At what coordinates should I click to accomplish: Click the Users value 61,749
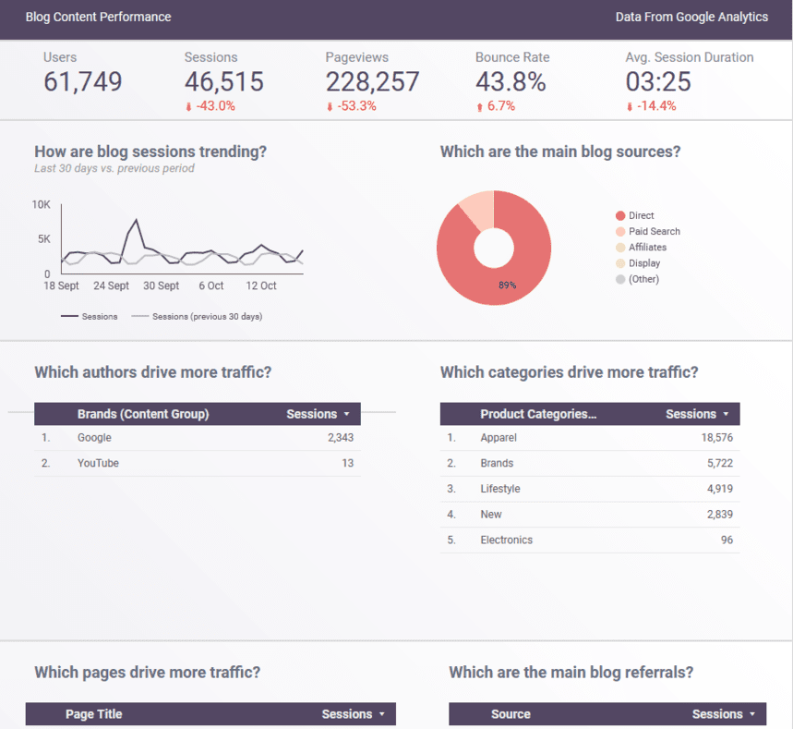[82, 82]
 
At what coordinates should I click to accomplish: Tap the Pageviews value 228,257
[372, 82]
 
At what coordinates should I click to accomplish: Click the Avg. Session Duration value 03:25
[658, 82]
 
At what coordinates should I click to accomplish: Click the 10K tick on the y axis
[41, 204]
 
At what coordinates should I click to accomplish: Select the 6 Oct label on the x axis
[211, 286]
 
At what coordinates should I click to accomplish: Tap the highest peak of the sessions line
[137, 220]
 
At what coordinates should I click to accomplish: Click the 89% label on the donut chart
[507, 286]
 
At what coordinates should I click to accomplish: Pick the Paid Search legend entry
[654, 232]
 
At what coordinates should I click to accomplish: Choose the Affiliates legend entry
[647, 248]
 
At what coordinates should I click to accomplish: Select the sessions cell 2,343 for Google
[340, 438]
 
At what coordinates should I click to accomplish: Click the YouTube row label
[98, 463]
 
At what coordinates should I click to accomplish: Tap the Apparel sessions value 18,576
[716, 438]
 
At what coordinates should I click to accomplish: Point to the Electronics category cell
[506, 540]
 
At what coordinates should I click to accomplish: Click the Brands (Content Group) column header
[143, 414]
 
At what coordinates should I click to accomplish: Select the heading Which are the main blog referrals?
[571, 673]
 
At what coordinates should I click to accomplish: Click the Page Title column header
[93, 714]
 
